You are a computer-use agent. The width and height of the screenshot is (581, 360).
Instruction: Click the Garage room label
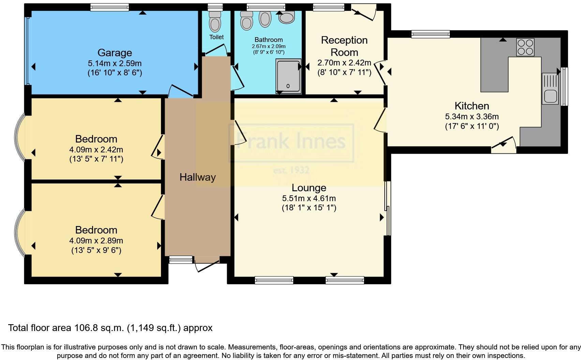click(115, 53)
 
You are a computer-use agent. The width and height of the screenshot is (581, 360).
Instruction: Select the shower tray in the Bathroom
click(288, 76)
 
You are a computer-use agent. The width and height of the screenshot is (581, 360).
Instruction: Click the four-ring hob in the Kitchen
click(525, 47)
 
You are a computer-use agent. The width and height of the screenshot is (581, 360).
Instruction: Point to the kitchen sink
click(550, 96)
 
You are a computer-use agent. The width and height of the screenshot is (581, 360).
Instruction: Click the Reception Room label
click(344, 46)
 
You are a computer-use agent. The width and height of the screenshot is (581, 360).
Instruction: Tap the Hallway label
click(197, 177)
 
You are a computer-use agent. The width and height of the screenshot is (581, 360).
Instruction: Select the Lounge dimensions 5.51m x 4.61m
click(309, 198)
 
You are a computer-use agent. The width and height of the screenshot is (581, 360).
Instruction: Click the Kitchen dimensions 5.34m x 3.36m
click(472, 117)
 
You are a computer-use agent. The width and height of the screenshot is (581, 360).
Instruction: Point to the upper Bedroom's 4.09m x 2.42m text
click(96, 150)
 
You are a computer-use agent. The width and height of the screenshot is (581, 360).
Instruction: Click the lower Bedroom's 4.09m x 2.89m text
click(96, 241)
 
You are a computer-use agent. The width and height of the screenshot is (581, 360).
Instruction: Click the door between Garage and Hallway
click(181, 91)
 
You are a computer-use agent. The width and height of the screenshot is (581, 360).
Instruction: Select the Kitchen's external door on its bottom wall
click(503, 145)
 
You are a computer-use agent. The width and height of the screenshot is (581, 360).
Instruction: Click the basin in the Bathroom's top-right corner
click(287, 17)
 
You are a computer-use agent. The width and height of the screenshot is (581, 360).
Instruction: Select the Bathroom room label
click(268, 40)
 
